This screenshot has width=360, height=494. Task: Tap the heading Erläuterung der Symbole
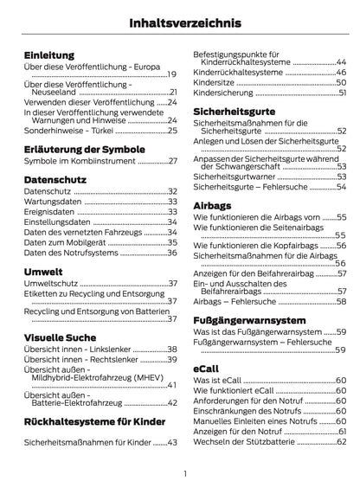pyautogui.click(x=85, y=149)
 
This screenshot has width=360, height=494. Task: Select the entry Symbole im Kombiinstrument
pyautogui.click(x=79, y=162)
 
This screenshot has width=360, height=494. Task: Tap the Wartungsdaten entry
pyautogui.click(x=54, y=202)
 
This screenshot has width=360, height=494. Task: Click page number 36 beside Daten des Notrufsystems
pyautogui.click(x=172, y=252)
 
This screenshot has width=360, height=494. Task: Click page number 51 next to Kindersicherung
pyautogui.click(x=342, y=93)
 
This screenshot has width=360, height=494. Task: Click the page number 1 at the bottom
pyautogui.click(x=184, y=473)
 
